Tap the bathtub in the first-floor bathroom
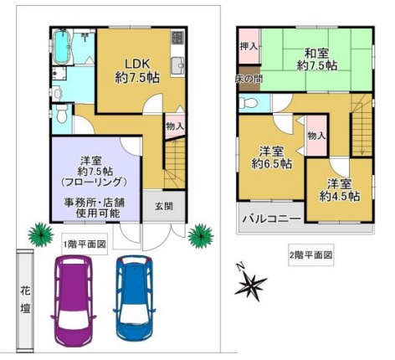click(64, 49)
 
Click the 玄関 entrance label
click(165, 207)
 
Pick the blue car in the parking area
click(136, 297)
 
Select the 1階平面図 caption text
click(85, 244)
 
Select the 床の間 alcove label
click(247, 80)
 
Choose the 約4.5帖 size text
click(339, 196)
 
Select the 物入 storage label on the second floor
click(316, 136)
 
